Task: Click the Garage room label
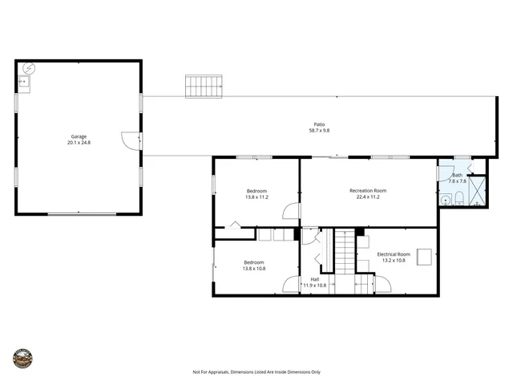click(79, 136)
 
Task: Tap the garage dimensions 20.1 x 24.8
click(79, 143)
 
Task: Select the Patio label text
click(319, 124)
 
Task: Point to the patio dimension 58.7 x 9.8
click(319, 130)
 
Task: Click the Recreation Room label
click(368, 190)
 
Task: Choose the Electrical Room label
click(393, 253)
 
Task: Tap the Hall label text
click(315, 279)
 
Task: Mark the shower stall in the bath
click(476, 191)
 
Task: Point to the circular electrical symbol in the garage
click(30, 69)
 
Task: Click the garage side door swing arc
click(129, 140)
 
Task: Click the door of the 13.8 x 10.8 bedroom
click(291, 285)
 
